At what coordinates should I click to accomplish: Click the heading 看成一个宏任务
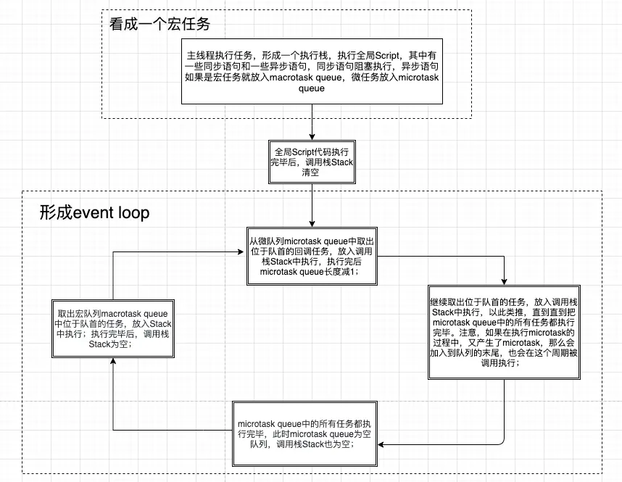click(x=159, y=24)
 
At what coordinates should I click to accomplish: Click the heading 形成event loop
click(x=94, y=212)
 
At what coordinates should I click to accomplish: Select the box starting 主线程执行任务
click(x=312, y=72)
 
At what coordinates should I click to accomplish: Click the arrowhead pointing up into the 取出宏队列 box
click(x=113, y=361)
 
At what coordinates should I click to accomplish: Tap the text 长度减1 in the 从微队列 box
click(x=343, y=271)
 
